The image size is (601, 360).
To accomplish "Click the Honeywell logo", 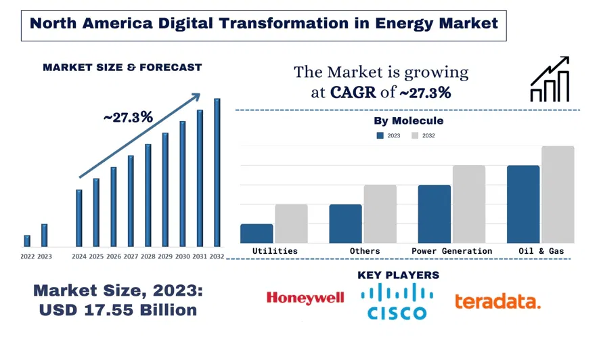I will [x=305, y=298].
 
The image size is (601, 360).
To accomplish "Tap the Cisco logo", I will [x=397, y=301].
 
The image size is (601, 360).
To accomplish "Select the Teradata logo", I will [x=497, y=301].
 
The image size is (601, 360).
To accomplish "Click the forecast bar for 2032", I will [x=217, y=173].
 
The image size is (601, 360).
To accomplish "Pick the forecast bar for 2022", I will [x=27, y=241].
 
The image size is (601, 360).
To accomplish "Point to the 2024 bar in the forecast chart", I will [x=79, y=218].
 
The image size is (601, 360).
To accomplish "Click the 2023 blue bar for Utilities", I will [x=257, y=233].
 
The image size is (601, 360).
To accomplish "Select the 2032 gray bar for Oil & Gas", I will [x=558, y=195].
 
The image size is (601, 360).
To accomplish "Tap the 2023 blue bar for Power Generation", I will [x=434, y=214].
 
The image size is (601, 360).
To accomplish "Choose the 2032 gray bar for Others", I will [x=380, y=214].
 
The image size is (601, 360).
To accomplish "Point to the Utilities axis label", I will [x=275, y=251].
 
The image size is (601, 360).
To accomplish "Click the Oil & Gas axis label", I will [x=541, y=251].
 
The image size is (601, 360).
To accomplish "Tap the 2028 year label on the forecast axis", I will [x=148, y=257].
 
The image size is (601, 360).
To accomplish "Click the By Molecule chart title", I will [x=409, y=121].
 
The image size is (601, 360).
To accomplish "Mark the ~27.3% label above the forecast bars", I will [x=128, y=118].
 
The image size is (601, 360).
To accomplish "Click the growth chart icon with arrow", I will [x=550, y=79].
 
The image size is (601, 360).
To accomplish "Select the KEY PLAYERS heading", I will [x=398, y=275].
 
